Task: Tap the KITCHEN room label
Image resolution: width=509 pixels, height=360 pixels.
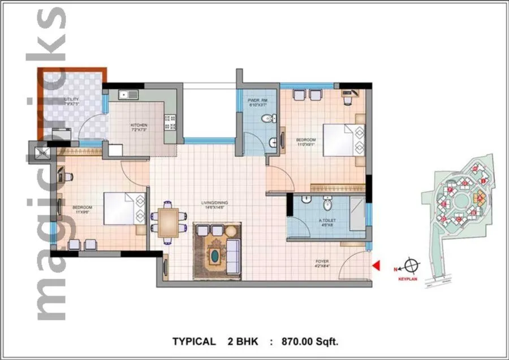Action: (139, 125)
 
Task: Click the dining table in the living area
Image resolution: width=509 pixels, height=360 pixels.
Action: (167, 222)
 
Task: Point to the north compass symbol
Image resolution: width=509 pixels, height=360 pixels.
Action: (413, 264)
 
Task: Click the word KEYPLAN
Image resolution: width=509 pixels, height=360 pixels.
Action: (408, 279)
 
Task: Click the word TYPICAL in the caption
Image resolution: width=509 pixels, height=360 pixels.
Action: (194, 341)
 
